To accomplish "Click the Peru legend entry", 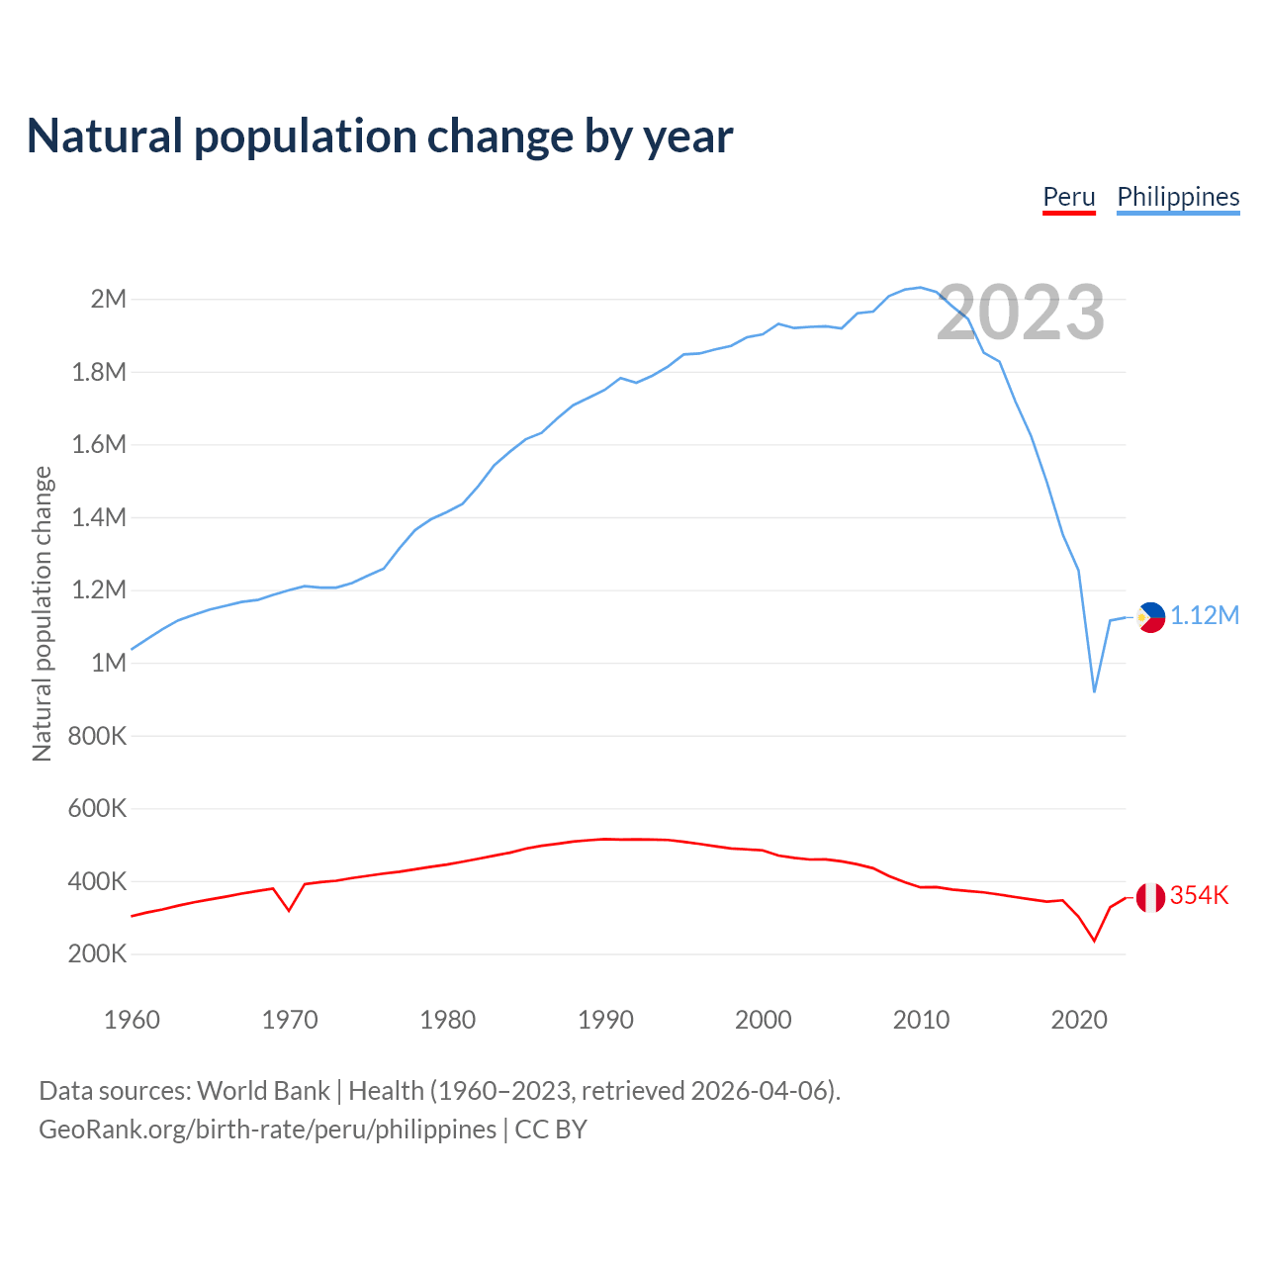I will coord(1069,197).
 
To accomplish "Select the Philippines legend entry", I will coord(1178,197).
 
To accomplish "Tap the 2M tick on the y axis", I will coord(109,299).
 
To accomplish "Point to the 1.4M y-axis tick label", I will coord(100,517).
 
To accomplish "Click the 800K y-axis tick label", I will coord(98,736).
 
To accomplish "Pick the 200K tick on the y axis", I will coord(98,954).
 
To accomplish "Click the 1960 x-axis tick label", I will coord(132,1020).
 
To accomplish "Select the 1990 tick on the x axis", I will coord(605,1020).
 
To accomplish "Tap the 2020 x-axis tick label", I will coord(1079,1020).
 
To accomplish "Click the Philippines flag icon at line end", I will coord(1150,617).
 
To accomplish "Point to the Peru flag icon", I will coord(1150,897).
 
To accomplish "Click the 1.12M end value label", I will coord(1205,616).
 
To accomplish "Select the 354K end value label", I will coord(1199,896).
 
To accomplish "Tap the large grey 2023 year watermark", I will coord(1021,313).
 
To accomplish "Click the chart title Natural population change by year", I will coord(380,136).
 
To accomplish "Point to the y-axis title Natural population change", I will coord(43,613).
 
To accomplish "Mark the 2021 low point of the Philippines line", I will coord(1094,691).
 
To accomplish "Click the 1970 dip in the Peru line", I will coord(289,910).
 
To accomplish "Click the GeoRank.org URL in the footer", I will coord(267,1130).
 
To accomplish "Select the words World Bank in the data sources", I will coord(263,1091).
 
